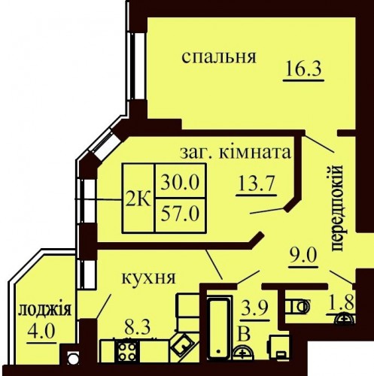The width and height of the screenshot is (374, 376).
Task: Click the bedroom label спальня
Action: coord(219,57)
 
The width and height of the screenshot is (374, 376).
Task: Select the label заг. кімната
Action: coord(236,152)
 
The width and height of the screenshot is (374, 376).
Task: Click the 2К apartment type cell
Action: coord(138,198)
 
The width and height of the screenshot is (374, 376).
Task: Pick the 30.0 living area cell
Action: coord(180,181)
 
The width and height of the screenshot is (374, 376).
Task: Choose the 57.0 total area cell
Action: coord(180,214)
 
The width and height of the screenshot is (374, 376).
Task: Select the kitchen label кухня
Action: coord(148,278)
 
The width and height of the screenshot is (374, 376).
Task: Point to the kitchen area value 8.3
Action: coord(137,327)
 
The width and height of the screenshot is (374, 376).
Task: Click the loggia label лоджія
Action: coord(45,309)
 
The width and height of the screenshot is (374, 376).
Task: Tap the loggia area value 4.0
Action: coord(41,332)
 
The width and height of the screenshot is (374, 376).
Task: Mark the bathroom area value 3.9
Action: coord(254,309)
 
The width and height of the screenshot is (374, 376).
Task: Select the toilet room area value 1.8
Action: coord(341,303)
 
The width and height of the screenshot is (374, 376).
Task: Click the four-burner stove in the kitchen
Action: coord(127,350)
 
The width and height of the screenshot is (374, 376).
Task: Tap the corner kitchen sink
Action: coord(183,347)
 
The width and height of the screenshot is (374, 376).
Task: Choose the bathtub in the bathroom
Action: coord(218,327)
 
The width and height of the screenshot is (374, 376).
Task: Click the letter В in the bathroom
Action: coord(244,334)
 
